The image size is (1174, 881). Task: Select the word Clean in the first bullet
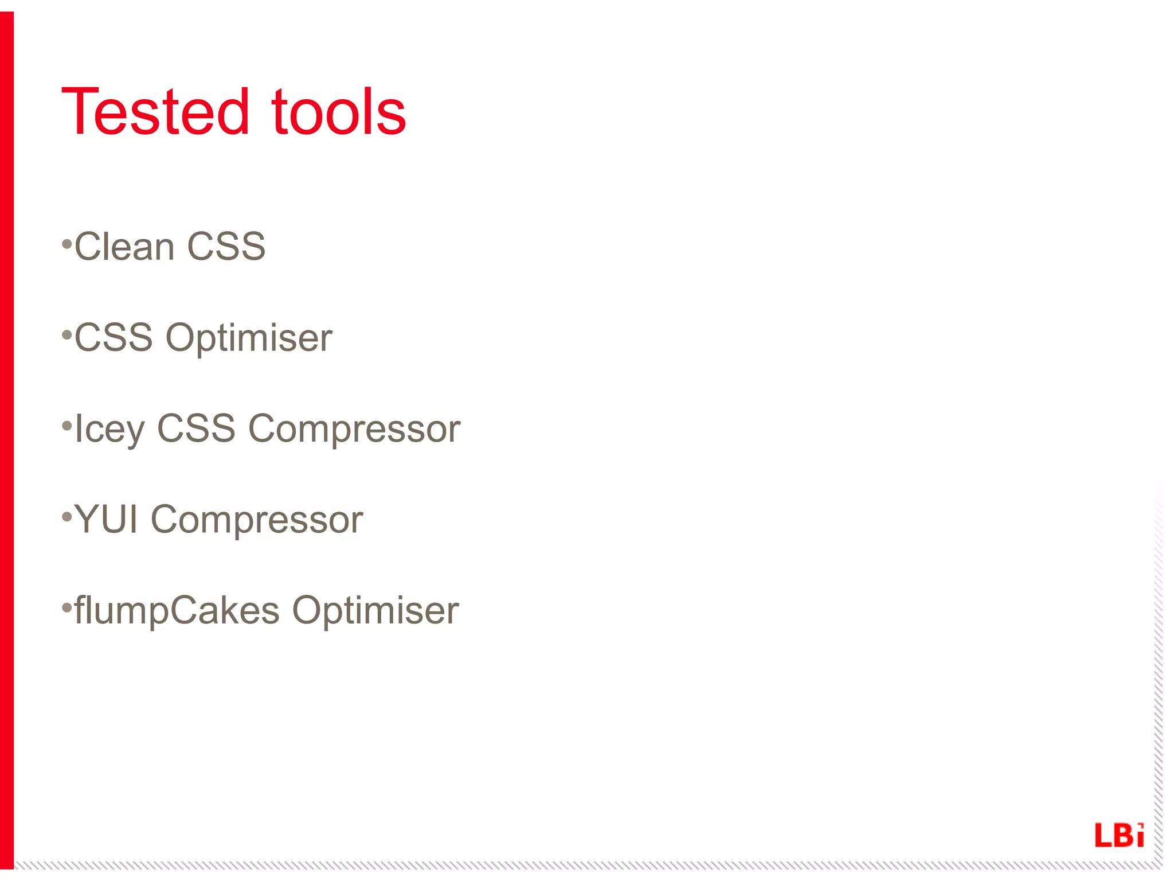click(124, 247)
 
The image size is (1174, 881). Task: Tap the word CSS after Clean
click(226, 247)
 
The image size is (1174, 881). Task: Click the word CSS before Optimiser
click(114, 337)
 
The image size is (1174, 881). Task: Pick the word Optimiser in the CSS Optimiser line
click(249, 338)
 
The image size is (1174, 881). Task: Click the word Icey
click(109, 430)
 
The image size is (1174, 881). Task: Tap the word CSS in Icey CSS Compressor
click(196, 428)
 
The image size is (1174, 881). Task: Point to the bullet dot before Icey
click(66, 426)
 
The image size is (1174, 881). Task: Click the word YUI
click(106, 519)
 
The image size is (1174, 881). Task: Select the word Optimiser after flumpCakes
click(375, 610)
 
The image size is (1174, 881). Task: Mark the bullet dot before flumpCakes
click(66, 607)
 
